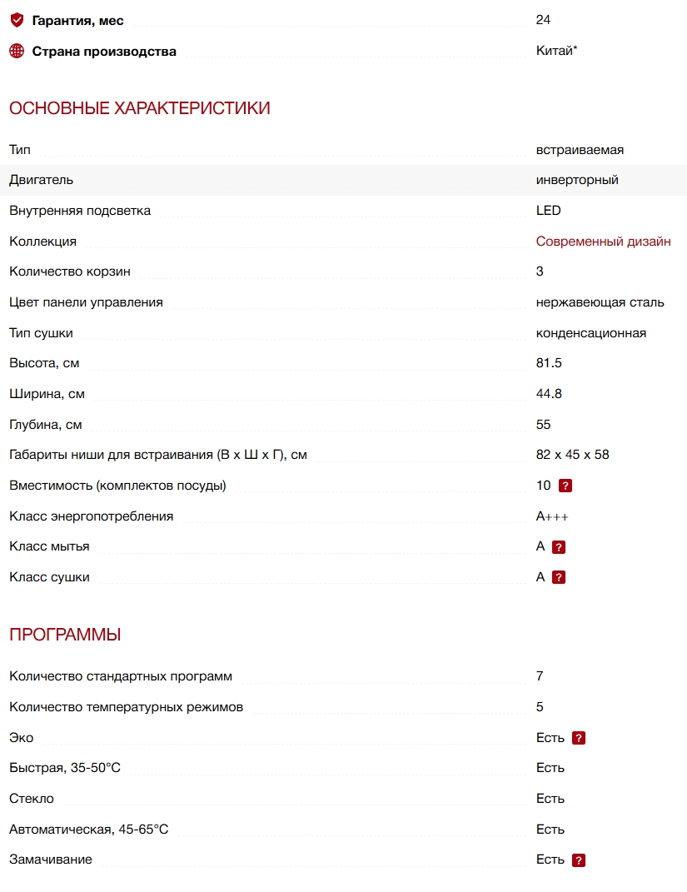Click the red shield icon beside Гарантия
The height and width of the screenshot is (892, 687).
17,20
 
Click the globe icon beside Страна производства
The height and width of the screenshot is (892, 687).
17,51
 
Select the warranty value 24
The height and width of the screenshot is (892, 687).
543,20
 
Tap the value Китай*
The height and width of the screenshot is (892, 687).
556,51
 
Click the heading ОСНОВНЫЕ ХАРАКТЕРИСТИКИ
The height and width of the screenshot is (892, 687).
139,108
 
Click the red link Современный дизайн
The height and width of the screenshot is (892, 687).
603,242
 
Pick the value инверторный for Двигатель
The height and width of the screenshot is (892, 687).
577,180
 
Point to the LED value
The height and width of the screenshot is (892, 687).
548,211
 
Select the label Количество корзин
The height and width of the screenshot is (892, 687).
70,272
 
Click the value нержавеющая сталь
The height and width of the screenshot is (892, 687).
600,302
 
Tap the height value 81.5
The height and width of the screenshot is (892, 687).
549,363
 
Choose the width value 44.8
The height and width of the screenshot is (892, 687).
549,394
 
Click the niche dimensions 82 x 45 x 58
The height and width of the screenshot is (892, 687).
573,455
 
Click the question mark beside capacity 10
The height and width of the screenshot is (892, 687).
565,486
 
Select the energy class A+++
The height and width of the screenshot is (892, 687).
552,516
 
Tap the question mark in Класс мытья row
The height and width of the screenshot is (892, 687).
559,547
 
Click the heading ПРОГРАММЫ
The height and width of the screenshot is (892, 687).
65,635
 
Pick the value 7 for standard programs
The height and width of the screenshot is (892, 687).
540,676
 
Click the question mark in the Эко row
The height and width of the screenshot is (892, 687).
579,738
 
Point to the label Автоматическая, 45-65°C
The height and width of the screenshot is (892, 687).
88,830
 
